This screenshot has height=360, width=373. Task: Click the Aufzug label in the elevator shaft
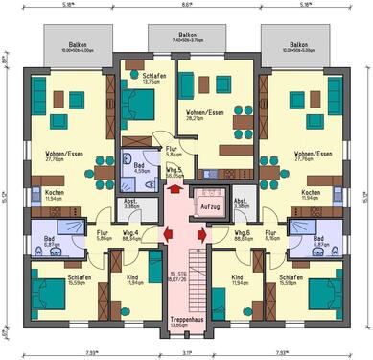coord(208,206)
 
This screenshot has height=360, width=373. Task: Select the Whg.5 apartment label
coord(175,171)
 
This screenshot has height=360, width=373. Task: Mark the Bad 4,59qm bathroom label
coord(138,167)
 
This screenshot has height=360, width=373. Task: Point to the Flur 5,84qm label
coord(172,151)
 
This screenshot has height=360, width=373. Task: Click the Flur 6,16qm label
coord(271,234)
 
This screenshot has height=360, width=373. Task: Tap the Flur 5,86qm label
coord(102,234)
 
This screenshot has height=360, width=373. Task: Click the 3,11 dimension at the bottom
coord(186,352)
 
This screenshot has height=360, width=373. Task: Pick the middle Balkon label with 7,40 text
coord(186,37)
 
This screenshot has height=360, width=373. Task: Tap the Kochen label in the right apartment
coord(309,194)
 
